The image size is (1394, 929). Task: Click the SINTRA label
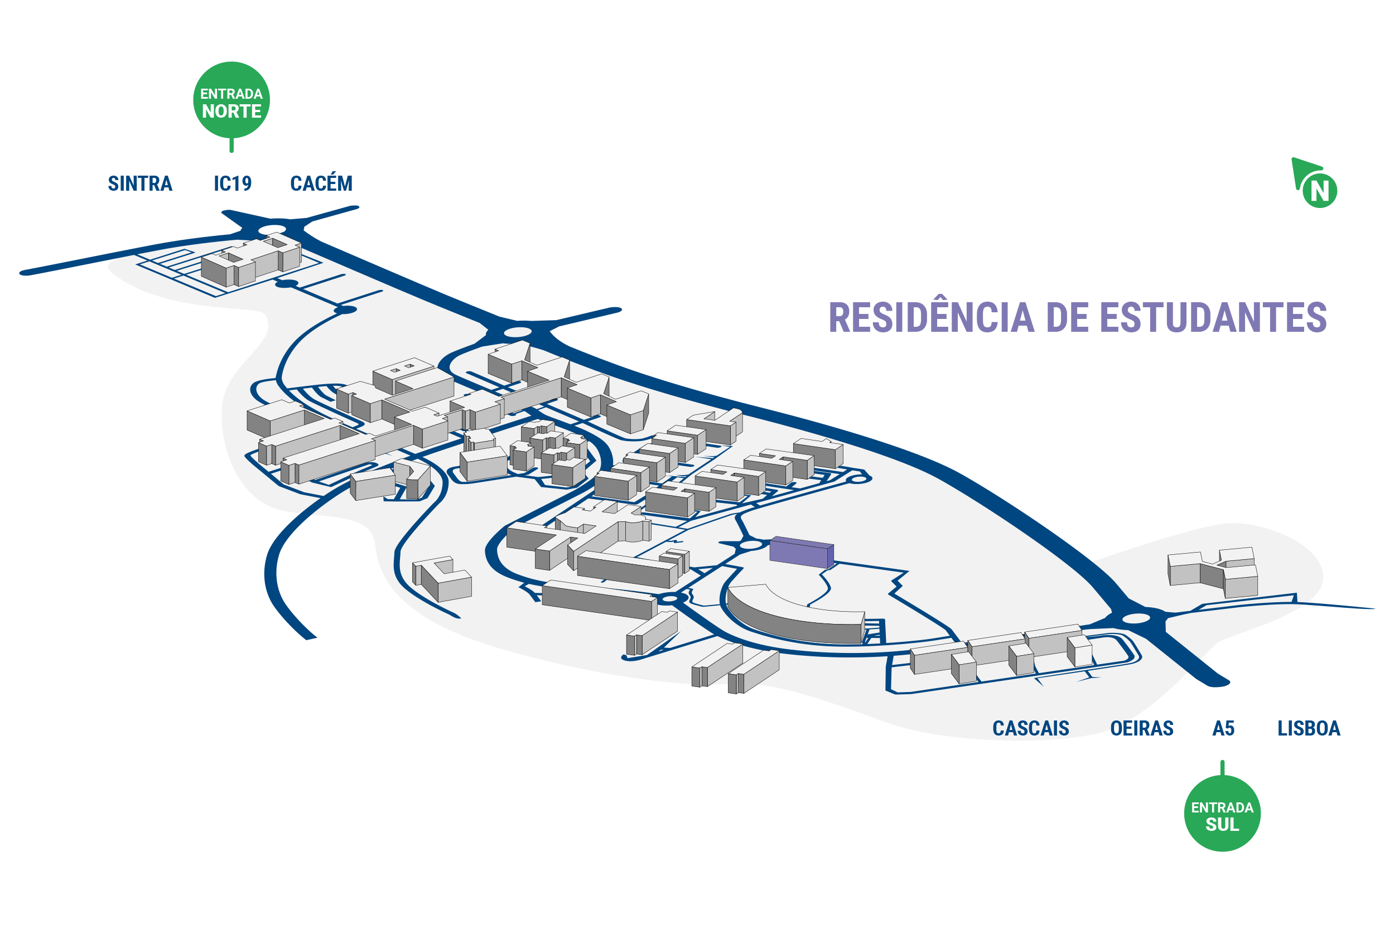pos(140,183)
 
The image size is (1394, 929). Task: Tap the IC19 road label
pos(232,183)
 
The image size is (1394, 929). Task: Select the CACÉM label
pos(321,182)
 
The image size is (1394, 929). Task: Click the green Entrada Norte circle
pos(231,100)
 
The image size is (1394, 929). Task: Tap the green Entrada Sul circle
pos(1222,814)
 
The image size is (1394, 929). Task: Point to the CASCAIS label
pos(1031,728)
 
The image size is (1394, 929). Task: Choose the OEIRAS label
pos(1141,728)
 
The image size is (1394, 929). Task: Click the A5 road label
pos(1223,728)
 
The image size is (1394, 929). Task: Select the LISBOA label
pos(1309,728)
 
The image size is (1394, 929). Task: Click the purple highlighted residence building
pos(801,552)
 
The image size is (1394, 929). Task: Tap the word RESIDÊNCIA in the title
pos(931,318)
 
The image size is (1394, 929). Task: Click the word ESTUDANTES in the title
pos(1213,318)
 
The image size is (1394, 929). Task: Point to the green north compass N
pos(1319,191)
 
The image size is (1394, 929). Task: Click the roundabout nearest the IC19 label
pos(272,229)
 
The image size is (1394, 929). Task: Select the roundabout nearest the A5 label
pos(1136,618)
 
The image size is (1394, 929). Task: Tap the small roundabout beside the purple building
pos(751,544)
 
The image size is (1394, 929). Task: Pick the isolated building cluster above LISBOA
pos(1213,572)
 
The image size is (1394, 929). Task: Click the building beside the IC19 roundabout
pos(251,261)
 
